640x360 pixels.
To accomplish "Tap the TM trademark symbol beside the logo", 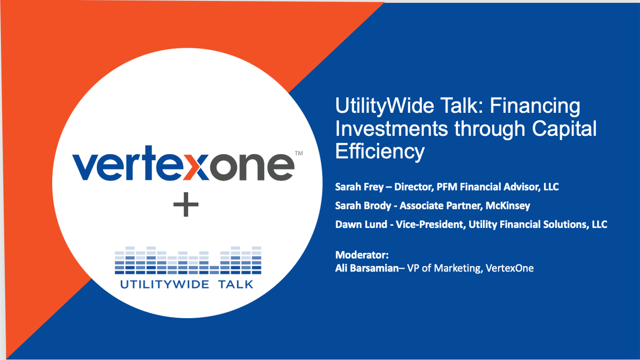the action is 298,153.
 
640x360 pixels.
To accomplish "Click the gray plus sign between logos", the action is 186,204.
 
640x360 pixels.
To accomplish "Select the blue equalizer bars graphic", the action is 188,261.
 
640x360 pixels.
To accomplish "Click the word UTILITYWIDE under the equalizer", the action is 164,285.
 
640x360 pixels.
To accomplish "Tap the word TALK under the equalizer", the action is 236,285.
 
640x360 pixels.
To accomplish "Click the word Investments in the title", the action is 391,129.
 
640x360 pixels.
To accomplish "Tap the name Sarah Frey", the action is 359,187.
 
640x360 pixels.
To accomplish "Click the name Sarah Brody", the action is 363,206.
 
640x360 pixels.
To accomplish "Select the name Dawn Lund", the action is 361,225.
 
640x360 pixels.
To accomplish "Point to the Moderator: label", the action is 362,255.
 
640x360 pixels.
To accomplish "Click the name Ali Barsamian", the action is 367,268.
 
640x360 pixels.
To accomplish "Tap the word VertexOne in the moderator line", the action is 510,268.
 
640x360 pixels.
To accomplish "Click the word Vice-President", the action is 429,225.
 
